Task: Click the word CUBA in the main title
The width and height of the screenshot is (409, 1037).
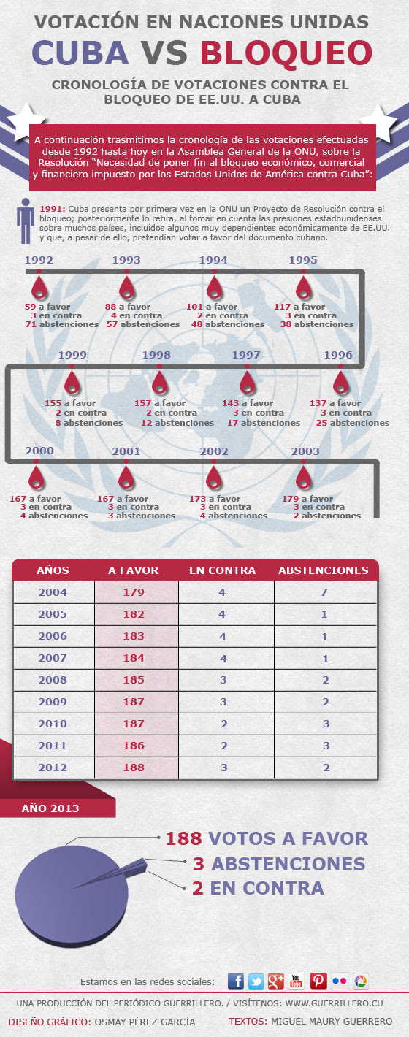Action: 80,53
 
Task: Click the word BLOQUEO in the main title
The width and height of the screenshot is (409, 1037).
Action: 286,53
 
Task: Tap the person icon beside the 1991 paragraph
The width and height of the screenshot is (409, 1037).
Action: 26,221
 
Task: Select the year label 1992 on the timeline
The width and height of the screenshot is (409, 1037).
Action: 39,260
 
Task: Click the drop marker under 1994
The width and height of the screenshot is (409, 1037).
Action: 213,288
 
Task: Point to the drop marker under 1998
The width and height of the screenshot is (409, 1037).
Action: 159,383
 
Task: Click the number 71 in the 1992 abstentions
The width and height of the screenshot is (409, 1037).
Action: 31,324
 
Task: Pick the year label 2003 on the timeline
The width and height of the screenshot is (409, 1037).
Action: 305,451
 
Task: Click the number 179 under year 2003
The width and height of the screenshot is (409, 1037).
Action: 291,499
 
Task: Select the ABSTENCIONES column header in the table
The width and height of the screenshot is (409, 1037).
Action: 324,570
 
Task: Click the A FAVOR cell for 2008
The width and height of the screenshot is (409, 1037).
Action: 134,680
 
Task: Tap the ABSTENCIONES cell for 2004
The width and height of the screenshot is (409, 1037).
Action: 324,592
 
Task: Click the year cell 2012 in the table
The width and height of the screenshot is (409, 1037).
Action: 53,767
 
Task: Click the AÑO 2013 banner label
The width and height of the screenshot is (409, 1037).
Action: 50,808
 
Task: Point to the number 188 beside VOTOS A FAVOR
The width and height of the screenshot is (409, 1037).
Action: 184,838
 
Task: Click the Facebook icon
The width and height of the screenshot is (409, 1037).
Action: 236,981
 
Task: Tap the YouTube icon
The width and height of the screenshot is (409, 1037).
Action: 296,981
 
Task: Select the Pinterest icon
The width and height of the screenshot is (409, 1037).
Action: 318,981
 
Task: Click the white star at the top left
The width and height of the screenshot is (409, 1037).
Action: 26,122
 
